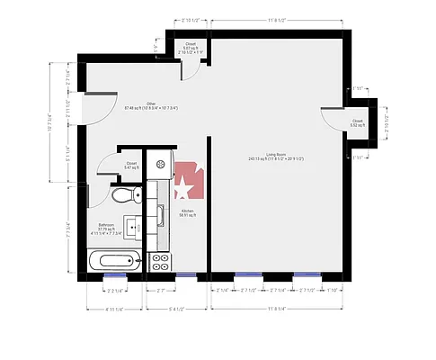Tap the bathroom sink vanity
(132, 229)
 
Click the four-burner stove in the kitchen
(161, 262)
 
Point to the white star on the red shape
(183, 189)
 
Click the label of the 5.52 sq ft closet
(357, 121)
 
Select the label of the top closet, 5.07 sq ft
(191, 46)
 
